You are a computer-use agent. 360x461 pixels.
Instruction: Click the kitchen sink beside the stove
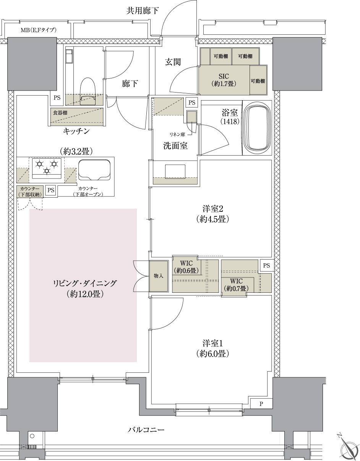click(x=95, y=169)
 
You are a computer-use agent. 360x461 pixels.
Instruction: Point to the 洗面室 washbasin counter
click(x=175, y=172)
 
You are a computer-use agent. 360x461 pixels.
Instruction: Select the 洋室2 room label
click(x=212, y=214)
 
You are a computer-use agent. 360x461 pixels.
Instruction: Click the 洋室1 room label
click(x=212, y=347)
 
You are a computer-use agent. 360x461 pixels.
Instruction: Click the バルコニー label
click(x=146, y=430)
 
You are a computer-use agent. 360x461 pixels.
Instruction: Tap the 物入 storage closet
click(x=158, y=276)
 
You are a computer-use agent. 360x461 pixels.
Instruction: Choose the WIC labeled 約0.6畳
click(x=185, y=267)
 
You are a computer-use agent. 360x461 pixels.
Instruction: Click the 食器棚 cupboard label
click(x=61, y=113)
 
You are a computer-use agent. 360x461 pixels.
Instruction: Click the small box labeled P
click(x=261, y=404)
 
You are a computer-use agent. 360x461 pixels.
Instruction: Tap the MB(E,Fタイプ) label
click(x=38, y=30)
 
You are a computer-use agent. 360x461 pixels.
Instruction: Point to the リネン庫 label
click(x=177, y=134)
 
